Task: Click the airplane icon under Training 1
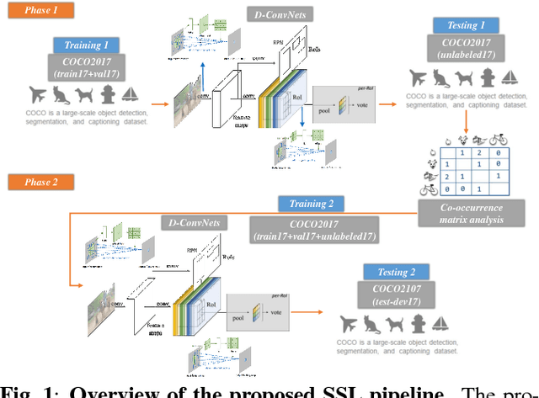37,93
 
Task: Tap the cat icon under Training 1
61,93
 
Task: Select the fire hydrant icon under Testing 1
486,78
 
